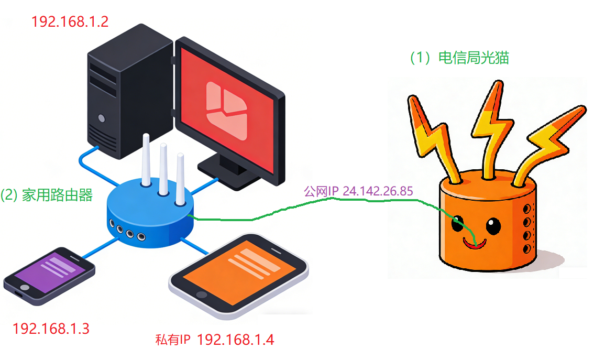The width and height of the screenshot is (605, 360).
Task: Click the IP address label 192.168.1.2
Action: coord(70,21)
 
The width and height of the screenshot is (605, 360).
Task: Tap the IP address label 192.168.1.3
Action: coord(51,329)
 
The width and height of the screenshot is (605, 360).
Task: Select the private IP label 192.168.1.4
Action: coord(235,340)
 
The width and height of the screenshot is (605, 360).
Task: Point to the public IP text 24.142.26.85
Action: coord(378,191)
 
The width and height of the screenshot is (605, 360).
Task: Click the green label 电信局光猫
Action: coord(474,58)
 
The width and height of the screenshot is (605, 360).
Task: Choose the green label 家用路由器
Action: coord(57,195)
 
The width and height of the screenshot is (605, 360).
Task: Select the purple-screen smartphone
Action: coord(49,276)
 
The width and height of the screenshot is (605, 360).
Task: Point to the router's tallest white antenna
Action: coord(146,160)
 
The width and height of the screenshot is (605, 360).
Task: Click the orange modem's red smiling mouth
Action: coord(475,244)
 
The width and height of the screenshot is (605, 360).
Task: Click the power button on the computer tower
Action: coord(102,118)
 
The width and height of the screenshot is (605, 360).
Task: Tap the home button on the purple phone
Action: coord(25,288)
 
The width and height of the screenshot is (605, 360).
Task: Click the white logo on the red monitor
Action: coord(226,111)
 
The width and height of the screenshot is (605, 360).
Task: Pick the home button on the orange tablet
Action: coord(202,295)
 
